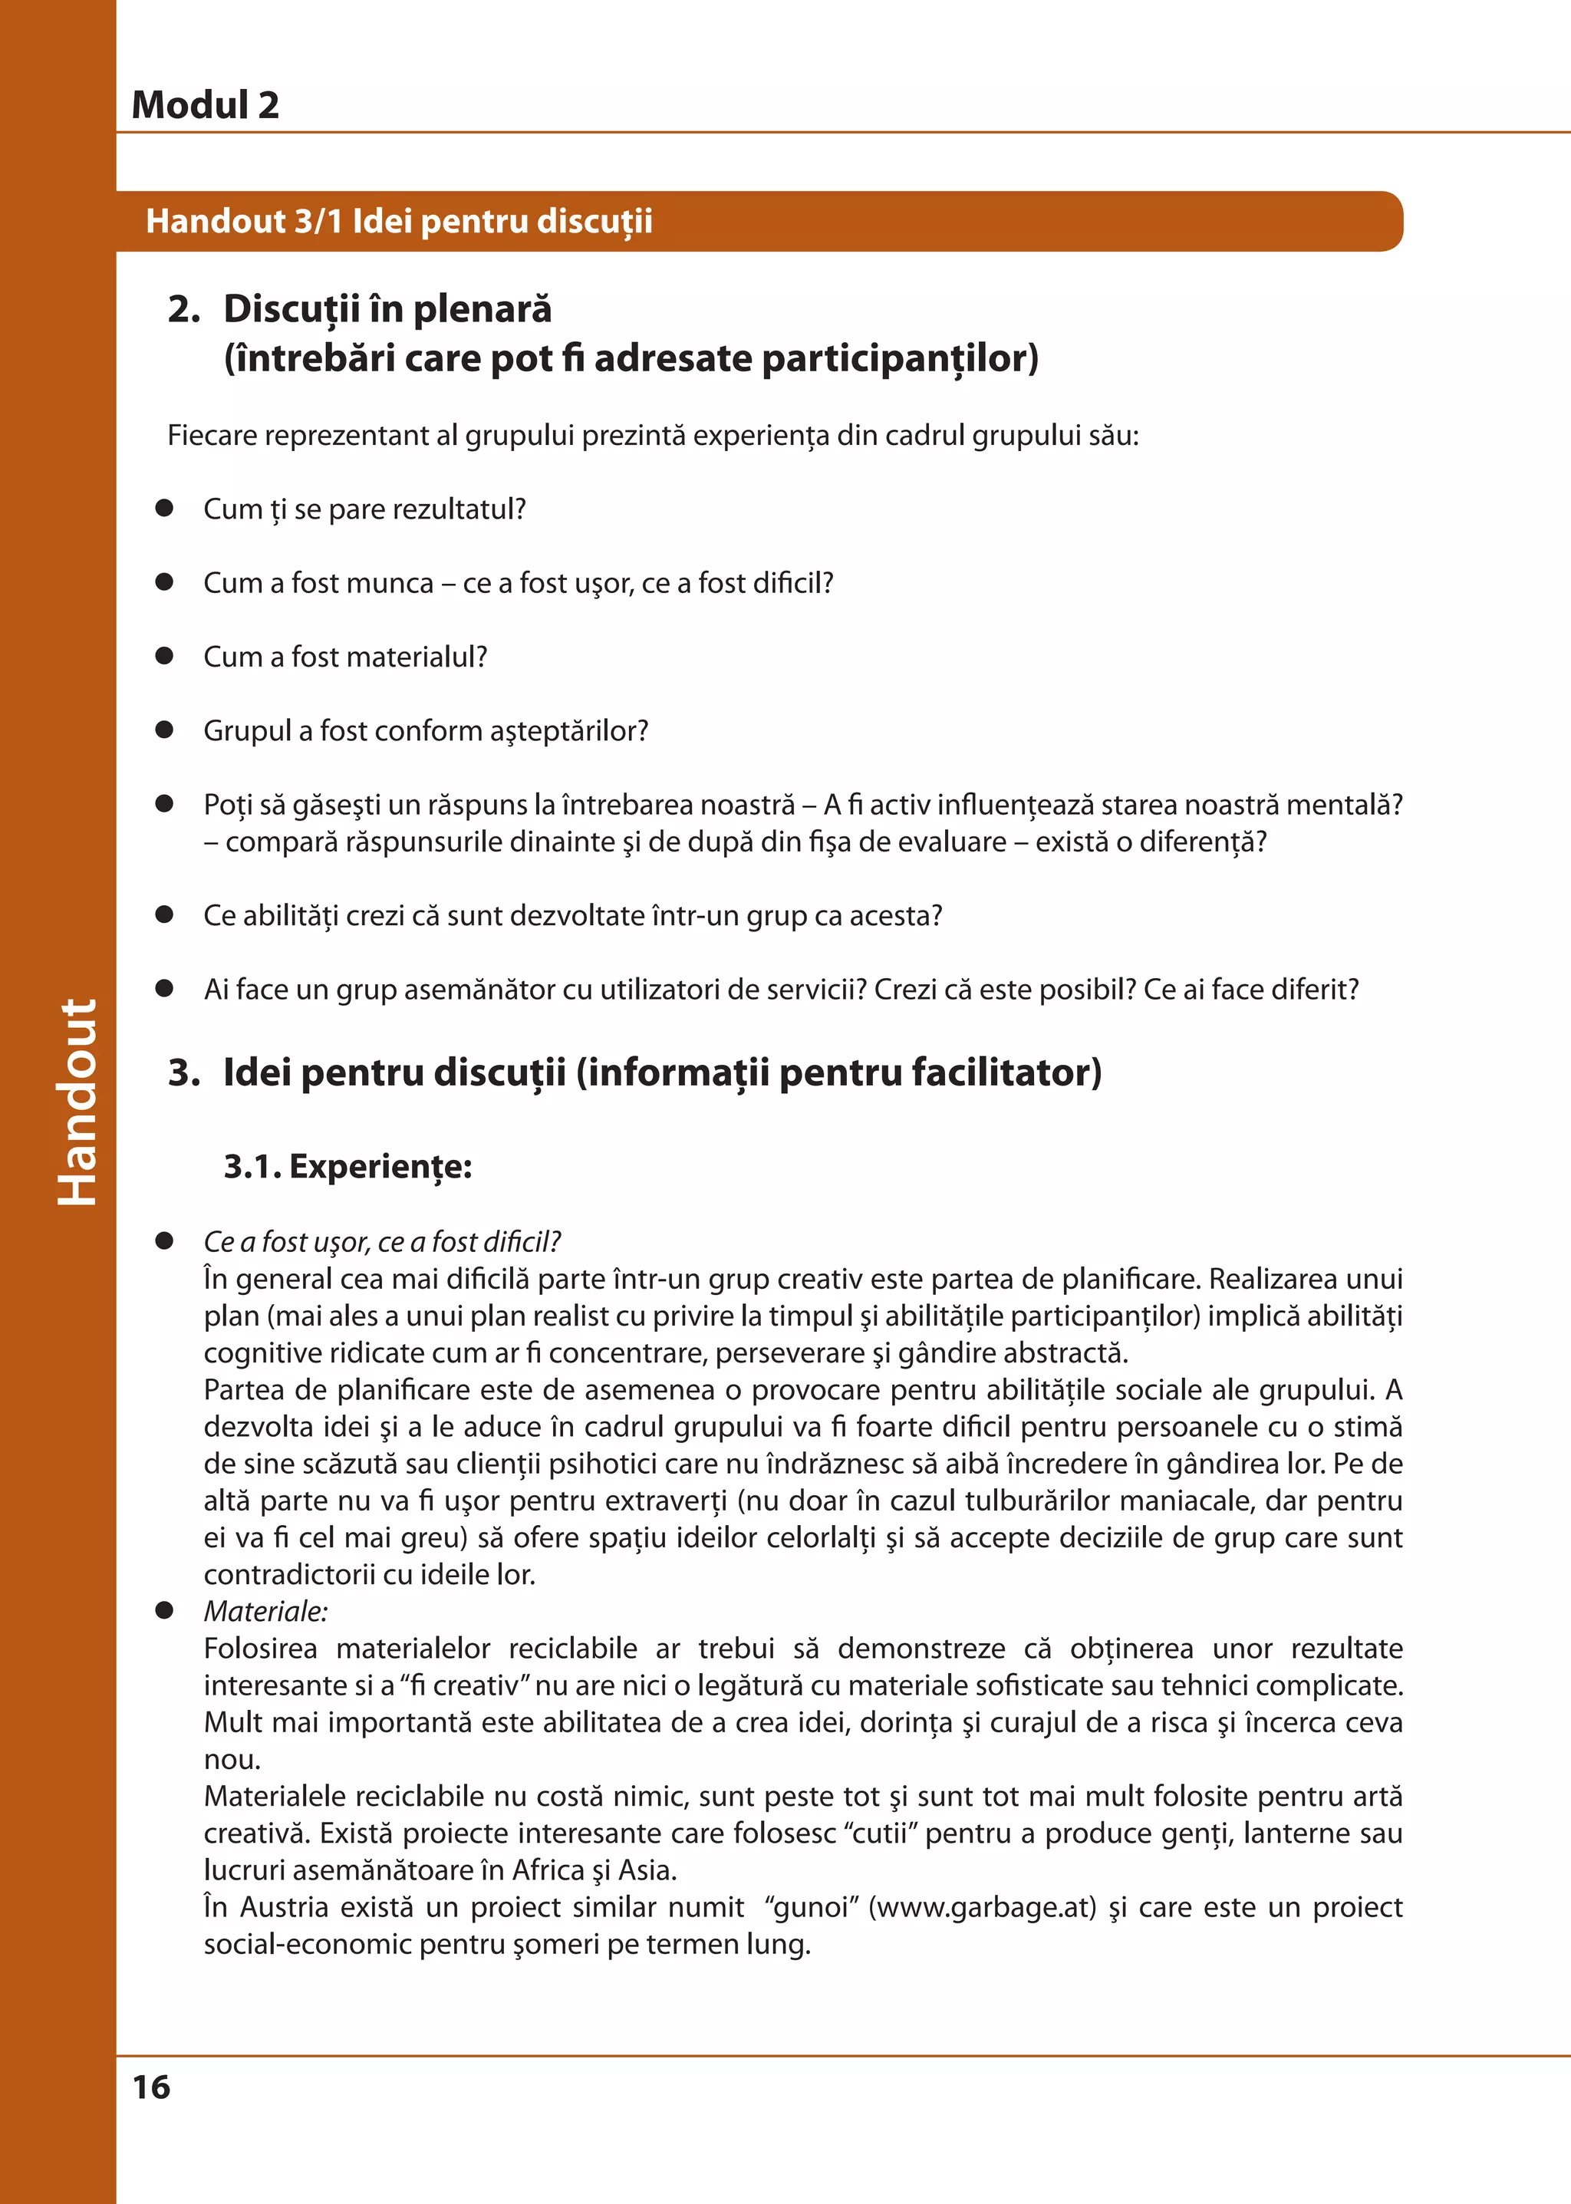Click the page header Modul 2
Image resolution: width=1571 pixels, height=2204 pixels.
(205, 104)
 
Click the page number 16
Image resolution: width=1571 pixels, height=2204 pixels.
(151, 2087)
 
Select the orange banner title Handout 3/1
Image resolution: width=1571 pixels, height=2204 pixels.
(399, 221)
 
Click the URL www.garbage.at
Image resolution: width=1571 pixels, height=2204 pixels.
(982, 1907)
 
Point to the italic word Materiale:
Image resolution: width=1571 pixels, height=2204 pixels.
(265, 1611)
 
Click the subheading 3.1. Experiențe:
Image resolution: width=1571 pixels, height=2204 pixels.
(347, 1166)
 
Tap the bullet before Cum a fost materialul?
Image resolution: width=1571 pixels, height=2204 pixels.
(164, 656)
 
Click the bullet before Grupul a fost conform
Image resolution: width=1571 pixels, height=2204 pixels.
(164, 730)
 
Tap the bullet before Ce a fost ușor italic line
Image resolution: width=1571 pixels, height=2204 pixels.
(164, 1240)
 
